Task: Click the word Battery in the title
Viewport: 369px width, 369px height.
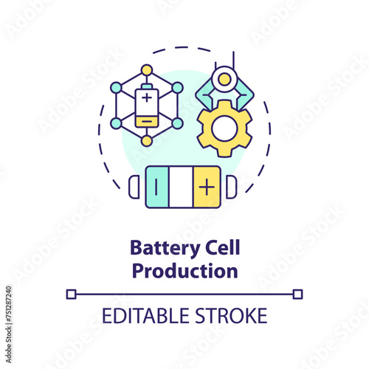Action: [x=165, y=249]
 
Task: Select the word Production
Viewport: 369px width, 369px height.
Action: [x=185, y=271]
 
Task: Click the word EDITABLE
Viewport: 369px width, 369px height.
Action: [x=145, y=316]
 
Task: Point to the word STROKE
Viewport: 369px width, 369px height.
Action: [x=231, y=316]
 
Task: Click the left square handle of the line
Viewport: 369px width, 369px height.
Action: [x=72, y=294]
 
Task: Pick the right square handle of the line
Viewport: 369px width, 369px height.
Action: [x=297, y=294]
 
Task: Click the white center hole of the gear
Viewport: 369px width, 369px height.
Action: [x=225, y=128]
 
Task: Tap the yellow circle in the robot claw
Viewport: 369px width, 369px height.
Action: [x=224, y=80]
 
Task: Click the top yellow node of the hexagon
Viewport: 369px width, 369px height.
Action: [x=147, y=70]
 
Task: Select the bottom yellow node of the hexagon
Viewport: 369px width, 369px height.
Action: [x=147, y=141]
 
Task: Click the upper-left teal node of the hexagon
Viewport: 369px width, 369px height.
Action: [x=116, y=88]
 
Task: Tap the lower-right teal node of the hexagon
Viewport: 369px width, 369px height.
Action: [x=177, y=123]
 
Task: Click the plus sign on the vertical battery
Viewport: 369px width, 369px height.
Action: [x=147, y=98]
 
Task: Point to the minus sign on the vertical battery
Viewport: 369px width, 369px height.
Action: [x=147, y=121]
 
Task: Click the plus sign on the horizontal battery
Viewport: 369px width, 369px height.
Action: [x=207, y=187]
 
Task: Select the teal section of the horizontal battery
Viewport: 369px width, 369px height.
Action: [x=157, y=187]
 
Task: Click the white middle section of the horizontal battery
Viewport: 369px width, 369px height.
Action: [x=181, y=187]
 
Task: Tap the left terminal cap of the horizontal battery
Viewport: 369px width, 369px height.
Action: [x=134, y=187]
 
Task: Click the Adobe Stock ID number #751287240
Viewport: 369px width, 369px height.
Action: [x=9, y=304]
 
